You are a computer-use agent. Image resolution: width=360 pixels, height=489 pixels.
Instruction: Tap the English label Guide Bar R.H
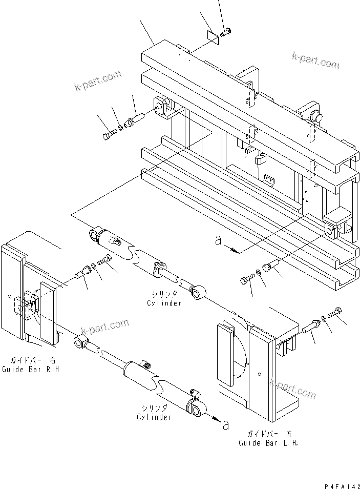click(30, 370)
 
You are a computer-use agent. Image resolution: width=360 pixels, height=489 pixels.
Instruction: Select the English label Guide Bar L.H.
click(268, 443)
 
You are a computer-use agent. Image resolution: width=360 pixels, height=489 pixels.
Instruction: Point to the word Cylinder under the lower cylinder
click(154, 417)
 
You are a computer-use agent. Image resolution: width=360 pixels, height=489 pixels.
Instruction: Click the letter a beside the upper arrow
click(219, 240)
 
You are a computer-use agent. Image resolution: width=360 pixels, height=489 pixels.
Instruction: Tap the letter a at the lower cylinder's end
click(226, 425)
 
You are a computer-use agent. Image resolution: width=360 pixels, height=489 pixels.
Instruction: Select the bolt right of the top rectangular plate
click(225, 32)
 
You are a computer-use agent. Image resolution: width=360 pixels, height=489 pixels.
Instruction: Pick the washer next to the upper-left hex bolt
click(120, 128)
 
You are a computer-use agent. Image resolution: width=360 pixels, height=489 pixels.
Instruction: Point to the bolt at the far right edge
click(335, 311)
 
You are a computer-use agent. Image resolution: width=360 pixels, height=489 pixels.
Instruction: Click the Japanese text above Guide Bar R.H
click(33, 360)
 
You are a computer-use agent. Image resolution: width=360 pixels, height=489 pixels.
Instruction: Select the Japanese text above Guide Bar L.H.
click(270, 434)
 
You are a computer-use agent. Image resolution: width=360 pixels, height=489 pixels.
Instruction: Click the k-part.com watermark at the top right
click(315, 60)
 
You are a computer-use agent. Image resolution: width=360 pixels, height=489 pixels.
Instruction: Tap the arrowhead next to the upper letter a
click(235, 251)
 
